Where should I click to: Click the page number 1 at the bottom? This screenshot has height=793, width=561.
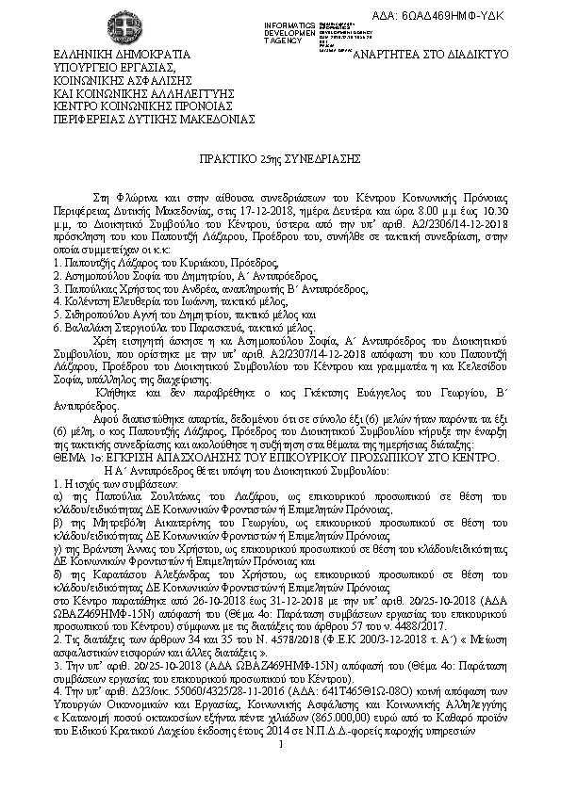click(x=281, y=772)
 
